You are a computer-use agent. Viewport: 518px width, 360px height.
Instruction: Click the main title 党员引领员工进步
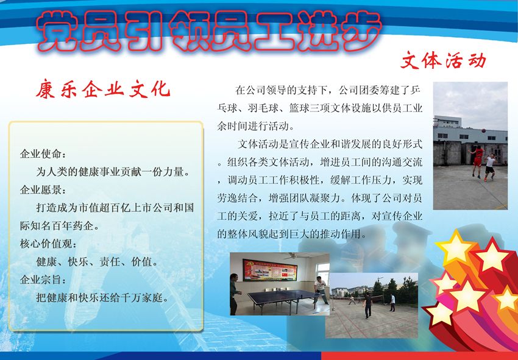[x=209, y=32]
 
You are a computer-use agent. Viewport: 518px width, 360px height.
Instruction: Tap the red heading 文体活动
[x=443, y=60]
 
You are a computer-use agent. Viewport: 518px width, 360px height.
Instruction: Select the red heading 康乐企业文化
[x=103, y=89]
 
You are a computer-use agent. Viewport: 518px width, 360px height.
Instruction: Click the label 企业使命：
[x=43, y=154]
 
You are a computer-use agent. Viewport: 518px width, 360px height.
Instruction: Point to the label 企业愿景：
[x=43, y=190]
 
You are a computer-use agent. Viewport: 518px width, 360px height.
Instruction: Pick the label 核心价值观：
[x=48, y=244]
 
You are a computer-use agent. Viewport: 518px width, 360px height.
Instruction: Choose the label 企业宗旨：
[x=43, y=280]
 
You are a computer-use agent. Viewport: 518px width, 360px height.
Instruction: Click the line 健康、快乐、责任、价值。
[x=98, y=262]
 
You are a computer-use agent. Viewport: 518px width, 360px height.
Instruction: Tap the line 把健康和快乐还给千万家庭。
[x=103, y=298]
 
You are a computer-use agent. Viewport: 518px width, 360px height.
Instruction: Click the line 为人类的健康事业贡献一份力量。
[x=113, y=172]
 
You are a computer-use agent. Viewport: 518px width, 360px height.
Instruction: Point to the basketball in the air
[x=484, y=130]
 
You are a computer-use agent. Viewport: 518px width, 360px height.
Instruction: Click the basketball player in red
[x=477, y=161]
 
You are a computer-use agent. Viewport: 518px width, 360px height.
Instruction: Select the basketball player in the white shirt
[x=489, y=167]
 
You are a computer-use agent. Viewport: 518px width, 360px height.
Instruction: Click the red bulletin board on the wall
[x=270, y=270]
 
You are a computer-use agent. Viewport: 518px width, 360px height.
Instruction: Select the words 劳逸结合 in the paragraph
[x=237, y=198]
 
